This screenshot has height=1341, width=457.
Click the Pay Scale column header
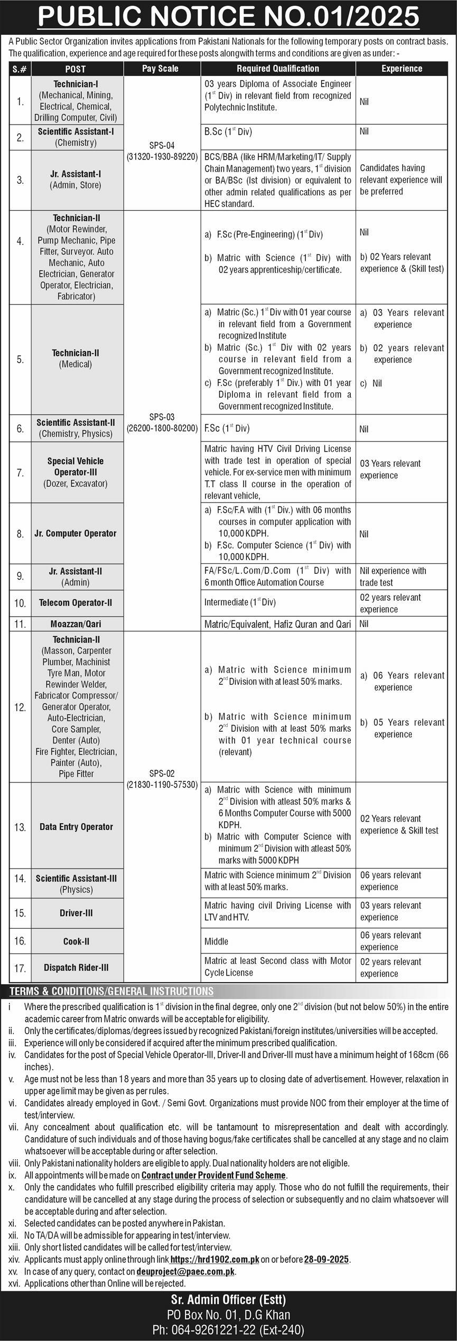[160, 69]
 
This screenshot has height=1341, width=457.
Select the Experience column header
[402, 69]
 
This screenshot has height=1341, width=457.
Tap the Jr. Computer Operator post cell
[76, 533]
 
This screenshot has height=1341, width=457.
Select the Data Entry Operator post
[76, 827]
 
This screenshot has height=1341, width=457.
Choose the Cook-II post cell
[76, 941]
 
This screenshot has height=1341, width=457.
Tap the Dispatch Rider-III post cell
[76, 968]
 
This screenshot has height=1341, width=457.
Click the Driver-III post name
[76, 913]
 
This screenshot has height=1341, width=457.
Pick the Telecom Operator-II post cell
[76, 603]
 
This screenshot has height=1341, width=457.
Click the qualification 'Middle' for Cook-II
[217, 941]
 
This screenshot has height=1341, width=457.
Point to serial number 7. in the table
[20, 473]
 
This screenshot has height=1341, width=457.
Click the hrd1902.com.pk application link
[215, 1259]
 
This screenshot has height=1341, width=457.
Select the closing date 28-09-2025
[326, 1259]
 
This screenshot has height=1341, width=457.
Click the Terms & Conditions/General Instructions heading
[111, 991]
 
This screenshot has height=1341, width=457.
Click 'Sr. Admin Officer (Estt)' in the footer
[228, 1299]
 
